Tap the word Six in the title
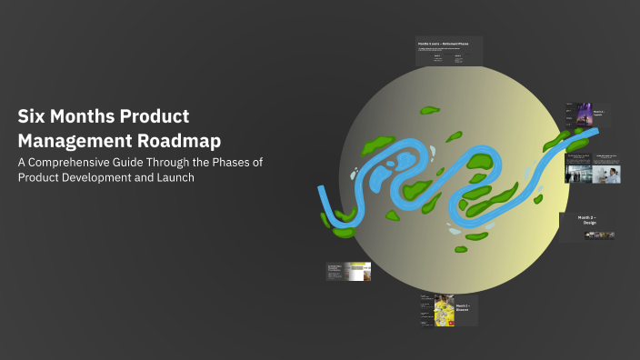[32, 117]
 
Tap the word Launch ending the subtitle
[175, 176]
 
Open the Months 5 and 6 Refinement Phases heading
[448, 44]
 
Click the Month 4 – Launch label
[598, 115]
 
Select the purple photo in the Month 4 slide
[582, 115]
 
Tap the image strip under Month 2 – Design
[600, 235]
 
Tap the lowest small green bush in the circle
[460, 248]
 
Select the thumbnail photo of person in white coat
[605, 174]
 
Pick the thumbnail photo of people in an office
[578, 174]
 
